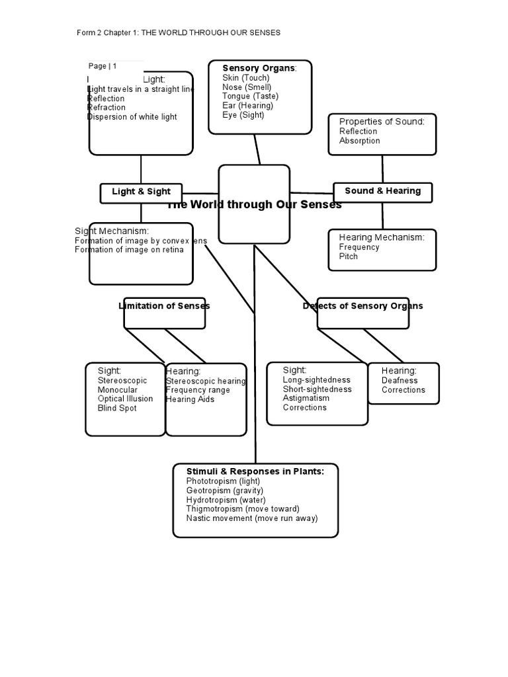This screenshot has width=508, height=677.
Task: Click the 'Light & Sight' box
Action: pyautogui.click(x=141, y=192)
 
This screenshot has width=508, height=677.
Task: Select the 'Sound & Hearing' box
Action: pyautogui.click(x=382, y=191)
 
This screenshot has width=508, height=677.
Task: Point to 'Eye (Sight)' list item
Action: pyautogui.click(x=243, y=114)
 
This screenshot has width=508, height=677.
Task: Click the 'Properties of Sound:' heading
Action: pyautogui.click(x=382, y=122)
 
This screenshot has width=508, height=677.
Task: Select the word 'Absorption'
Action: pyautogui.click(x=359, y=141)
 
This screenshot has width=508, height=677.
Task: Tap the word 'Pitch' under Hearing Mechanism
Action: pyautogui.click(x=348, y=257)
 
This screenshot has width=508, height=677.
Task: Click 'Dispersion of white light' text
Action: pyautogui.click(x=132, y=117)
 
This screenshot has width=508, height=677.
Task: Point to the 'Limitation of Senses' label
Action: pyautogui.click(x=164, y=305)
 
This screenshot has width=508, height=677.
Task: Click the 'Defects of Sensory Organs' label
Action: pyautogui.click(x=362, y=305)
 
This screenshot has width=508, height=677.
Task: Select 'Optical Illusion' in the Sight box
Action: pyautogui.click(x=125, y=399)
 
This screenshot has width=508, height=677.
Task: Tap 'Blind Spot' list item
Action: pyautogui.click(x=117, y=409)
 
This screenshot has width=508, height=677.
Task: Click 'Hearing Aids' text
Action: pyautogui.click(x=190, y=399)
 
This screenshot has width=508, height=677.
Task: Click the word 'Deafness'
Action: pyautogui.click(x=400, y=380)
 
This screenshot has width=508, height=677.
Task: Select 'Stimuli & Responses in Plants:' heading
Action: pyautogui.click(x=255, y=471)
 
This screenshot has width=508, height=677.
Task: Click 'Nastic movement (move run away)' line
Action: pyautogui.click(x=251, y=518)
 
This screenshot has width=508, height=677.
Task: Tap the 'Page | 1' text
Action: pyautogui.click(x=103, y=66)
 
